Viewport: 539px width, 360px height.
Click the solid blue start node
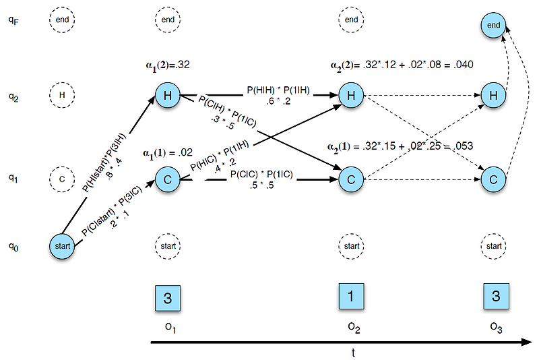61,246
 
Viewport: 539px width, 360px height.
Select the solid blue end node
494,26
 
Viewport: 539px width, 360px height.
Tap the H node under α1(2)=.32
168,95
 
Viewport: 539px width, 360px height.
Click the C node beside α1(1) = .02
168,179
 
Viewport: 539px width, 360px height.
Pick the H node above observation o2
351,95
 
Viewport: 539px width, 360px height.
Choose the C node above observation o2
351,179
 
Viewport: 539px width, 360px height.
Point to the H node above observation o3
494,95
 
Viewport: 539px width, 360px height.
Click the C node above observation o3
494,179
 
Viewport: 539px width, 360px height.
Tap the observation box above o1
168,299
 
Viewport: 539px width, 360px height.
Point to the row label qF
13,20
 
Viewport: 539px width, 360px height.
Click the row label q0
13,248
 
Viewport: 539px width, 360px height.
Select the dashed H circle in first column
61,95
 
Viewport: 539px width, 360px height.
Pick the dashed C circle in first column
61,179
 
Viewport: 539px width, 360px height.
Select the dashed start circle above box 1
351,246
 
